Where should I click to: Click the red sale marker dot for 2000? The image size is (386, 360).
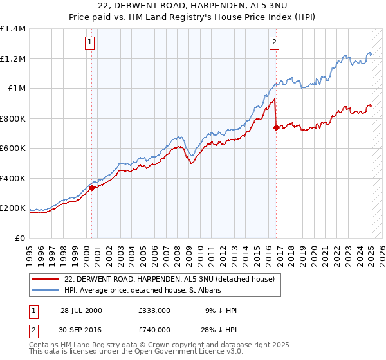coord(92,188)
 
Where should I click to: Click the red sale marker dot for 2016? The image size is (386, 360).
coord(276,127)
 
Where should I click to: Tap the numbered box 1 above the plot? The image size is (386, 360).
coord(89,43)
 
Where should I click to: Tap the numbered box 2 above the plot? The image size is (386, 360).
coord(274,43)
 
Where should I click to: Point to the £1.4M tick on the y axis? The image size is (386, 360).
coord(13,29)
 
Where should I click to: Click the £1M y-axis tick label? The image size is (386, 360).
coord(17,89)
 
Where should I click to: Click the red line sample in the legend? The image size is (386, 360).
coord(46,279)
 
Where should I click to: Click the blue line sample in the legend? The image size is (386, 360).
coord(46,291)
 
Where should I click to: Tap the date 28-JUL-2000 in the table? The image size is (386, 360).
coord(81,310)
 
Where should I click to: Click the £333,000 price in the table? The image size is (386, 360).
coord(154,310)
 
